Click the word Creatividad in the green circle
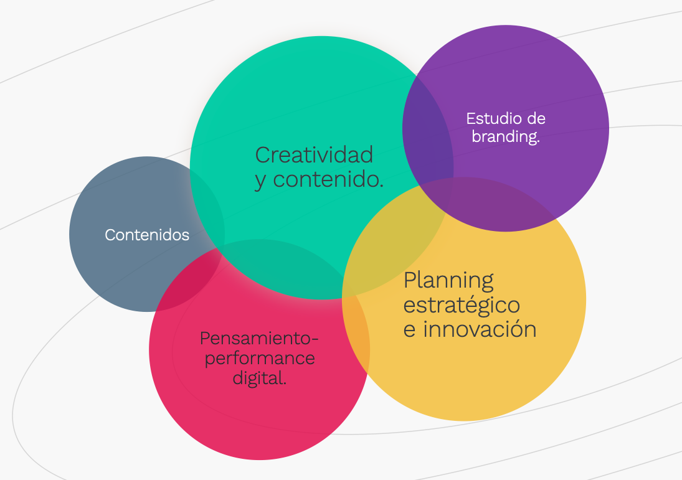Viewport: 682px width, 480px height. click(314, 155)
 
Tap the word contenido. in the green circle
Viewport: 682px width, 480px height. click(328, 179)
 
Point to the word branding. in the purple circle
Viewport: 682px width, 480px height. click(505, 136)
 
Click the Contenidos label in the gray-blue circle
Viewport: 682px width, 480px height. click(147, 235)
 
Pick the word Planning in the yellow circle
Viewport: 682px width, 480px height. click(448, 281)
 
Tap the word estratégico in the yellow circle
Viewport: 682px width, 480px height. click(462, 305)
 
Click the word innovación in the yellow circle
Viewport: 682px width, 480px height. click(480, 329)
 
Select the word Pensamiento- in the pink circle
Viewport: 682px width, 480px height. click(259, 339)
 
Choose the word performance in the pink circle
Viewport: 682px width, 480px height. click(260, 359)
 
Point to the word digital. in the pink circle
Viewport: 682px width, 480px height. click(260, 377)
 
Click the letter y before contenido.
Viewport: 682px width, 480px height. click(260, 181)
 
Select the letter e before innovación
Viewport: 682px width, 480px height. click(409, 330)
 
